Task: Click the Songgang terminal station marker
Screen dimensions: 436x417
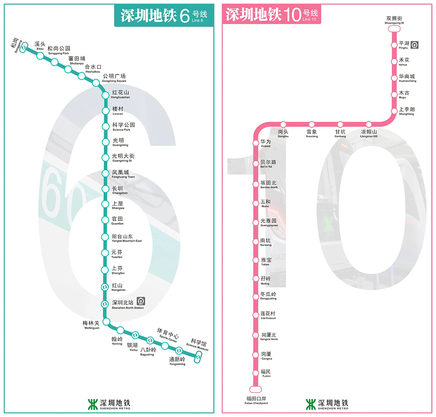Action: [25, 45]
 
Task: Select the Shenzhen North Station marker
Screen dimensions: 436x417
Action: [105, 304]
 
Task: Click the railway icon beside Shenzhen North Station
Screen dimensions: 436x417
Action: [141, 301]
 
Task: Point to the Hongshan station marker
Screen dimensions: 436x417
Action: [105, 287]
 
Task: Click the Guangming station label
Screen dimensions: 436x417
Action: [118, 142]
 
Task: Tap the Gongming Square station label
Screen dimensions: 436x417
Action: [114, 78]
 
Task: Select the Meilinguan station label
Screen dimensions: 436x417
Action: [91, 325]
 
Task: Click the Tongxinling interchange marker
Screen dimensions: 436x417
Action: [179, 351]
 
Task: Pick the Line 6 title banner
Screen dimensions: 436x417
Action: [161, 15]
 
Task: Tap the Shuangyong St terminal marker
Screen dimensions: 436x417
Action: [394, 29]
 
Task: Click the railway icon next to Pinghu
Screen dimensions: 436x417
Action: [415, 44]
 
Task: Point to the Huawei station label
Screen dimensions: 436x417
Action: [266, 143]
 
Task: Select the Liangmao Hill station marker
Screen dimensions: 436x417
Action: [368, 124]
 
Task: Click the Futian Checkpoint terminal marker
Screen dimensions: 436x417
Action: [256, 389]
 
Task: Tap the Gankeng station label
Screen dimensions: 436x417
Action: [340, 133]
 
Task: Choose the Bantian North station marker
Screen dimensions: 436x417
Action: [256, 184]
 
